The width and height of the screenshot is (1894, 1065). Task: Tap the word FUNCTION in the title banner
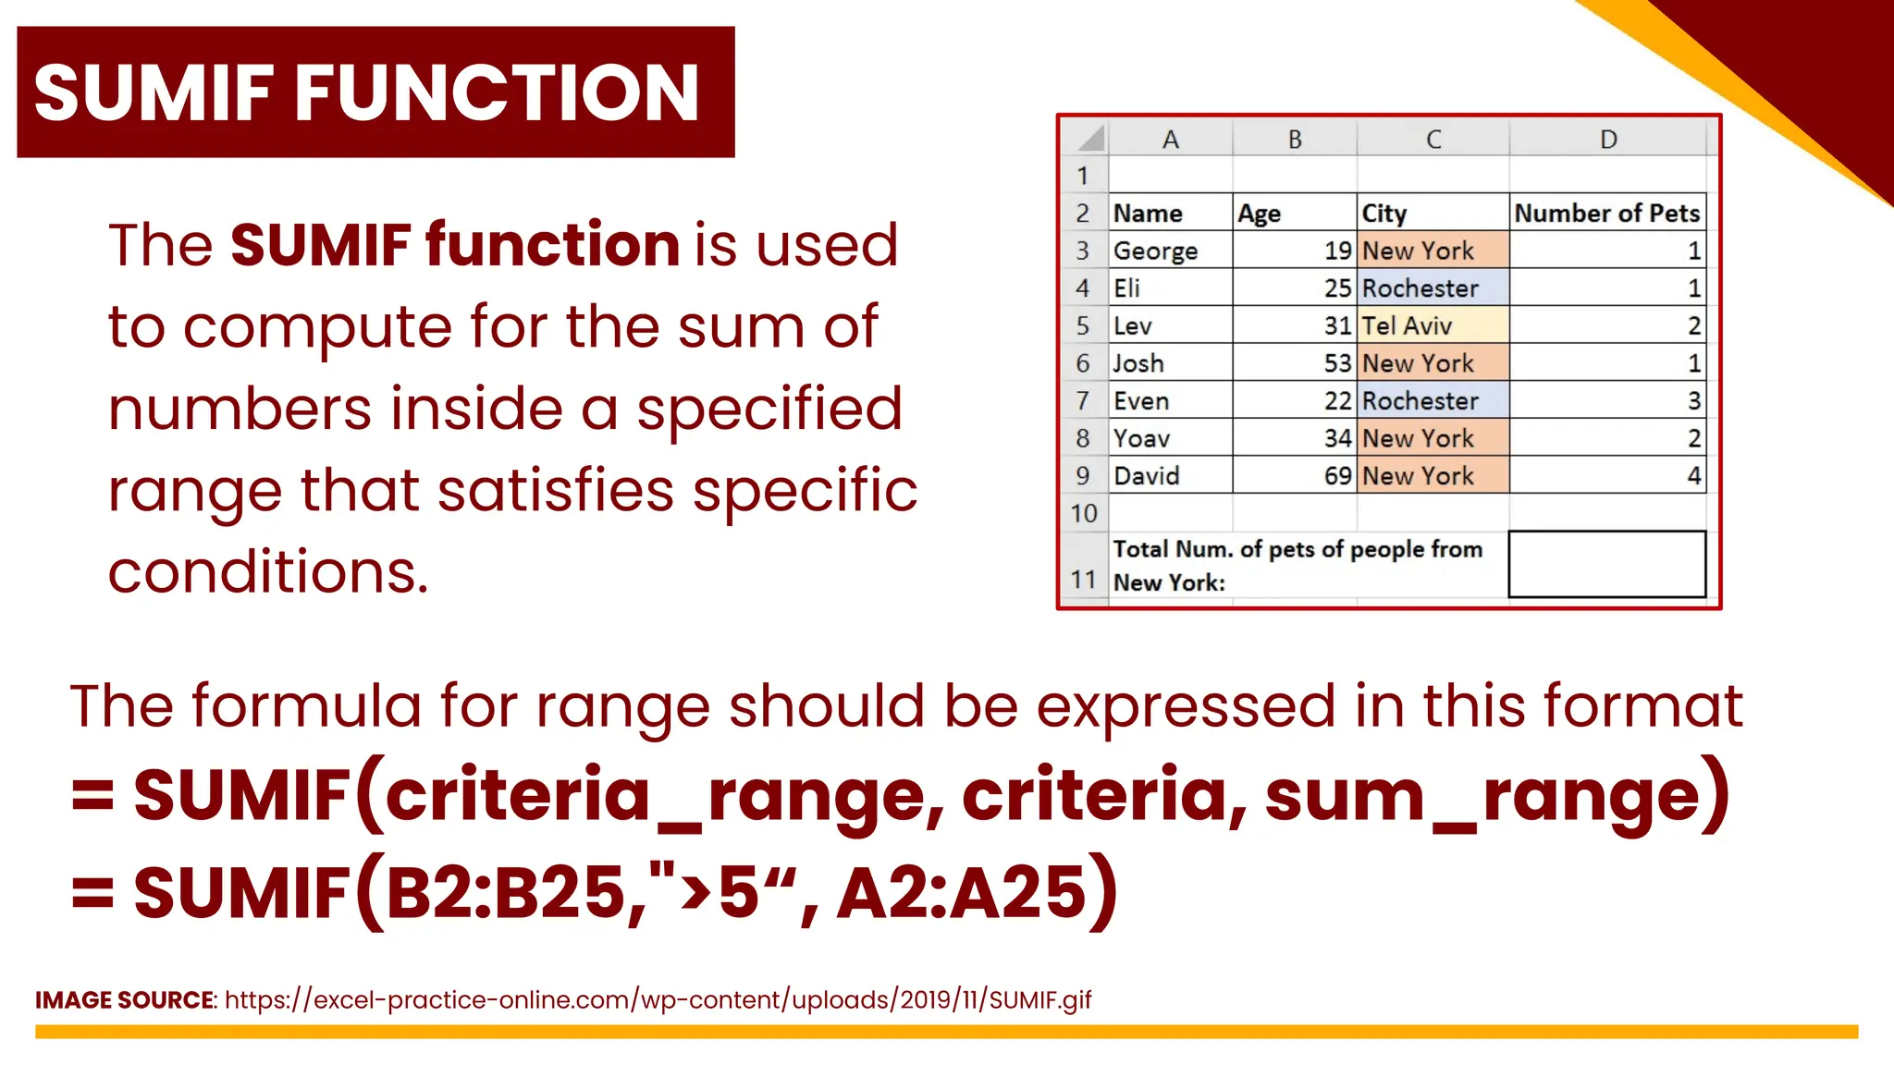(x=497, y=92)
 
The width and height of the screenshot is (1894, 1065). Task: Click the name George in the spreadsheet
(x=1155, y=251)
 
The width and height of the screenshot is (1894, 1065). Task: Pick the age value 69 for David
(x=1337, y=476)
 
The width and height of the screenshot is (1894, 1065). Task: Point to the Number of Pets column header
(x=1606, y=213)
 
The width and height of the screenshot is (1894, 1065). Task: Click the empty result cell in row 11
(x=1606, y=564)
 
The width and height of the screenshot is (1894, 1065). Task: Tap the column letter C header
(x=1433, y=140)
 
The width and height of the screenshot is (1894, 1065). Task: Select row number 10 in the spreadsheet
(x=1084, y=513)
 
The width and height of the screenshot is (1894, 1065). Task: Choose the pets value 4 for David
(x=1693, y=476)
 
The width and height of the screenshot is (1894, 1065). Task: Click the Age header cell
(x=1259, y=214)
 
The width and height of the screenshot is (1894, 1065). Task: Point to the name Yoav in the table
(x=1141, y=438)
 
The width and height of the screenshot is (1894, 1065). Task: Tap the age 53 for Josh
(x=1337, y=363)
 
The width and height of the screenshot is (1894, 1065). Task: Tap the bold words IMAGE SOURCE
(x=124, y=1000)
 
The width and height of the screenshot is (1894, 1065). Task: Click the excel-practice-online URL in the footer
(x=658, y=1000)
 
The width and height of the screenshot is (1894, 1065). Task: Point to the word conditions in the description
(x=268, y=571)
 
